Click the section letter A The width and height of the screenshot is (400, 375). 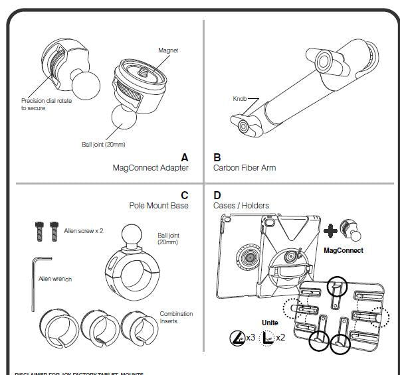coord(185,157)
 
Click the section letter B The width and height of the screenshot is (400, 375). coord(217,157)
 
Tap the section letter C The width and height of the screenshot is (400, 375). coord(184,195)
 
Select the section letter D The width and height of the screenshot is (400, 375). coord(218,195)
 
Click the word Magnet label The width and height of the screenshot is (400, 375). coord(168,50)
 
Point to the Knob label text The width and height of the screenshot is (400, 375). coord(239,98)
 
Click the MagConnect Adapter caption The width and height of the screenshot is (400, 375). coord(150,168)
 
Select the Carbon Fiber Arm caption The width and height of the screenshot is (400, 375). coord(245,168)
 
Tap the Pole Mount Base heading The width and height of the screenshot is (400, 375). coord(159,206)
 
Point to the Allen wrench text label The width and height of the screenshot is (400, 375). coord(55,279)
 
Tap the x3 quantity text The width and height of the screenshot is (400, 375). coord(251,337)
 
